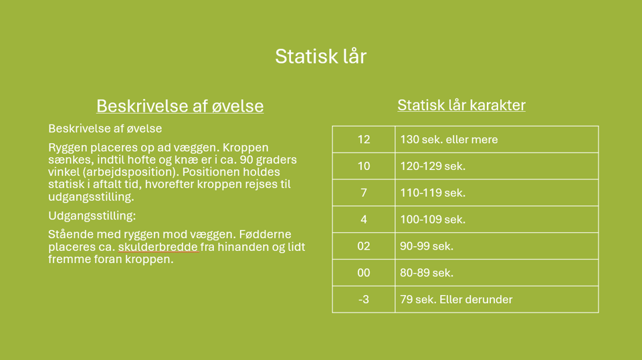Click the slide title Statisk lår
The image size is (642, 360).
(x=320, y=56)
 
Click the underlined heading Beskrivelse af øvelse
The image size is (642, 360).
(x=180, y=106)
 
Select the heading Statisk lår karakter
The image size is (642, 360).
(x=461, y=105)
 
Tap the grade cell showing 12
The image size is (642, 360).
(x=363, y=140)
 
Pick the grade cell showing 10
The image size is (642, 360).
(x=363, y=166)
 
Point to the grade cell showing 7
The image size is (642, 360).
(x=363, y=193)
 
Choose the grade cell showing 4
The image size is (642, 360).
(x=363, y=219)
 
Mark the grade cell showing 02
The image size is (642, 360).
(x=363, y=246)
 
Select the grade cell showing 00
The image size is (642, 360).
(x=363, y=273)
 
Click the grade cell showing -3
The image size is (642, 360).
(x=363, y=299)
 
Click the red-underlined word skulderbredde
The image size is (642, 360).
(x=158, y=247)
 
